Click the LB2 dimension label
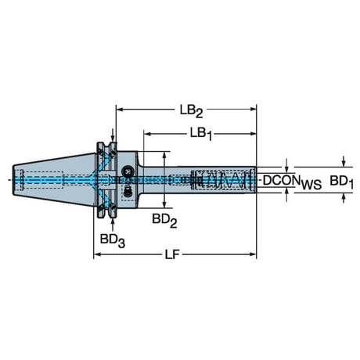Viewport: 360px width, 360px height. [191, 111]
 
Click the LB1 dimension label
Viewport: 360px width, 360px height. [201, 134]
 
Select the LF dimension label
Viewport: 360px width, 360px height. [172, 254]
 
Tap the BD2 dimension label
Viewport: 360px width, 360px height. [164, 221]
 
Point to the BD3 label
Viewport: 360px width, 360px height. [113, 240]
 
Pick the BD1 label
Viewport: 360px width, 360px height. [341, 182]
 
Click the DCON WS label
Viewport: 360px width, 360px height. [292, 182]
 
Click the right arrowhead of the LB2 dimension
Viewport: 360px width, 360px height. [254, 109]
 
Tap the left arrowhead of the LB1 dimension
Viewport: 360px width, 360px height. [147, 134]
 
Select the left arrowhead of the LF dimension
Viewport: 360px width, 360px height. [97, 254]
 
